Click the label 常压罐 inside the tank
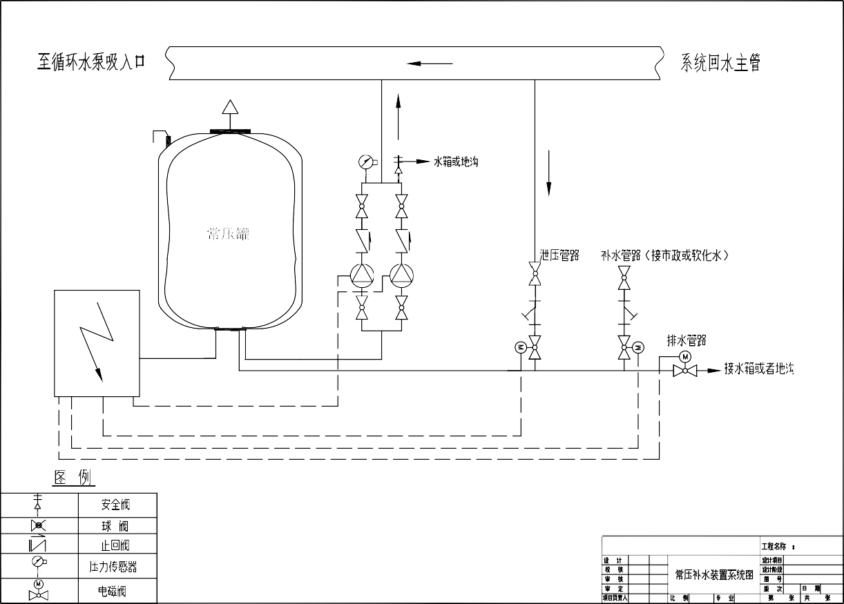click(x=228, y=233)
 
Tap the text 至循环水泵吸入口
click(x=91, y=62)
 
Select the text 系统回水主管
click(x=721, y=63)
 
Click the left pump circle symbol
click(x=361, y=276)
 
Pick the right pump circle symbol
click(x=401, y=276)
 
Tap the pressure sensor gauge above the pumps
click(x=366, y=162)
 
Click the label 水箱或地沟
click(x=455, y=162)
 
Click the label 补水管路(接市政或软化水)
click(x=665, y=256)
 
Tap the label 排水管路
click(x=686, y=340)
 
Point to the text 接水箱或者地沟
click(x=759, y=369)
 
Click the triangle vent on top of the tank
click(x=229, y=107)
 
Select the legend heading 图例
click(x=74, y=478)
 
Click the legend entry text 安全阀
click(x=115, y=505)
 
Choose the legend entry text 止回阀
click(x=115, y=545)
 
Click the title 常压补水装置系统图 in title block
click(x=713, y=574)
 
